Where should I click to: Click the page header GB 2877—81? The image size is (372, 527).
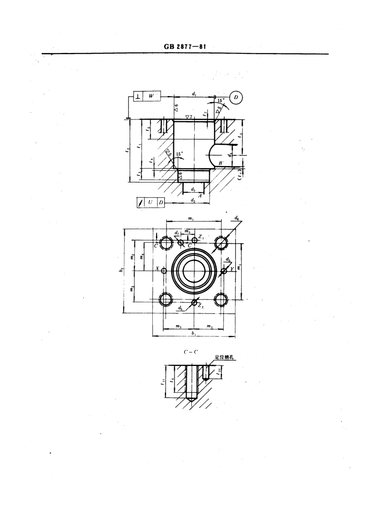click(x=185, y=47)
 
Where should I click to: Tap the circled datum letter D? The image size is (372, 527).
click(x=236, y=97)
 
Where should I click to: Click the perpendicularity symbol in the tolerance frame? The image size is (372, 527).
click(x=138, y=96)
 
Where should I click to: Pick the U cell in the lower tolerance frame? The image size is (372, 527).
click(x=150, y=203)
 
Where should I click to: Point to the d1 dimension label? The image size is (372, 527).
click(x=194, y=93)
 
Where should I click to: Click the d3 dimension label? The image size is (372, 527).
click(x=193, y=189)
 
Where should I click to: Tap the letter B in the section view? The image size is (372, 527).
click(x=220, y=162)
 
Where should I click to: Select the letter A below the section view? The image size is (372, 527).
click(x=200, y=196)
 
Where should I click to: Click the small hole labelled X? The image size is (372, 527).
click(x=164, y=270)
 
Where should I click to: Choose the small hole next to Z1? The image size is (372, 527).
click(x=195, y=240)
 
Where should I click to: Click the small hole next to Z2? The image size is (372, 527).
click(x=194, y=302)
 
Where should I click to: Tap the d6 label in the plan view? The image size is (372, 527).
click(x=237, y=218)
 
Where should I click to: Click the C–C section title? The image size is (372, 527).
click(x=190, y=351)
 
